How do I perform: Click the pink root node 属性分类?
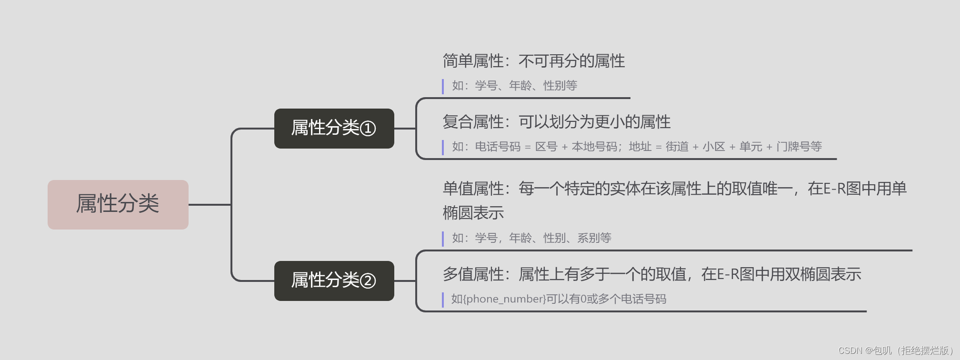click(118, 204)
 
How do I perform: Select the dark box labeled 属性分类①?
click(334, 128)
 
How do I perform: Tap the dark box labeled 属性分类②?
click(334, 280)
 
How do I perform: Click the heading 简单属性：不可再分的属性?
click(533, 61)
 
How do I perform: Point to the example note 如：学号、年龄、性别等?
click(514, 86)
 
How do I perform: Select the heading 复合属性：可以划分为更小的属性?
click(556, 122)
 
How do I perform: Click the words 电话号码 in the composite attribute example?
click(498, 147)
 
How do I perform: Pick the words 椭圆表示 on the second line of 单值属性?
click(473, 213)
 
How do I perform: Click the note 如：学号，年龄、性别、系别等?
click(531, 238)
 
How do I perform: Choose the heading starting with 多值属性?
click(651, 274)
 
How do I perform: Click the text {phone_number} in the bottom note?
click(504, 299)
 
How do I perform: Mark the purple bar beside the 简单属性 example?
click(443, 86)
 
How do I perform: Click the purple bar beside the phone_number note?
click(443, 300)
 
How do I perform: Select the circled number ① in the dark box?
click(368, 129)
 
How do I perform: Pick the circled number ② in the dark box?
click(368, 281)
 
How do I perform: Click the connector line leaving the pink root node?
click(210, 205)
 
